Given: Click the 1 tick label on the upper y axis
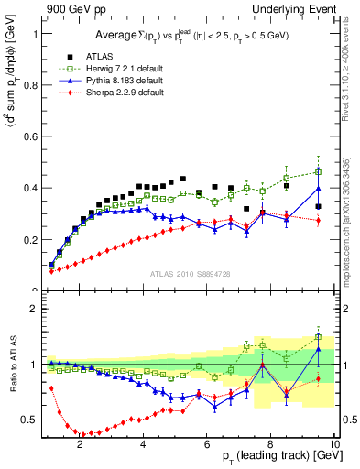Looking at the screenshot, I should [x=33, y=33].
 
